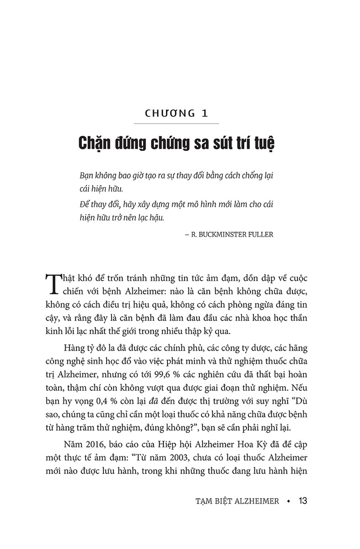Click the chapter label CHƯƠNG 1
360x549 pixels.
(x=176, y=113)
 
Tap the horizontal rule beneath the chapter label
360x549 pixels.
(x=176, y=124)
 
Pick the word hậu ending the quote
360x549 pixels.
(x=155, y=218)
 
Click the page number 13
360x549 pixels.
(x=302, y=501)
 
